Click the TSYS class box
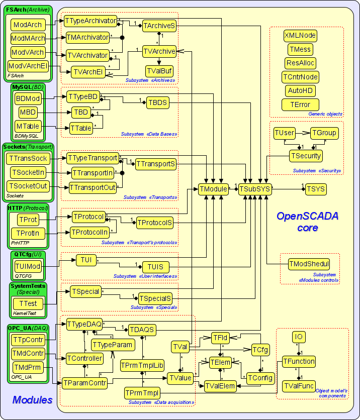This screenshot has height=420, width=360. pyautogui.click(x=316, y=189)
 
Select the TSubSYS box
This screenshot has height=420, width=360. pyautogui.click(x=255, y=189)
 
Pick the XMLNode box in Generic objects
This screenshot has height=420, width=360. pyautogui.click(x=300, y=36)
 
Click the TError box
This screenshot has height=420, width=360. pyautogui.click(x=300, y=104)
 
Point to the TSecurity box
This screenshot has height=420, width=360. pyautogui.click(x=306, y=156)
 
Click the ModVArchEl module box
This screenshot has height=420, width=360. pyautogui.click(x=28, y=66)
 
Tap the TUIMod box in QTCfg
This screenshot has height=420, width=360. pyautogui.click(x=28, y=266)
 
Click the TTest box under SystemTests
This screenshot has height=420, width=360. pyautogui.click(x=28, y=303)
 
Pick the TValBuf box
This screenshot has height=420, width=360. pyautogui.click(x=159, y=71)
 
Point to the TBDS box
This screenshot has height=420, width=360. pyautogui.click(x=157, y=102)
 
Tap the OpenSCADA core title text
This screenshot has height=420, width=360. pyautogui.click(x=307, y=222)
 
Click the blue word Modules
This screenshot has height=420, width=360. pyautogui.click(x=33, y=400)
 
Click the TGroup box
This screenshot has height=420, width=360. pyautogui.click(x=324, y=133)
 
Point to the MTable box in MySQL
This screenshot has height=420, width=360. pyautogui.click(x=28, y=126)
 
